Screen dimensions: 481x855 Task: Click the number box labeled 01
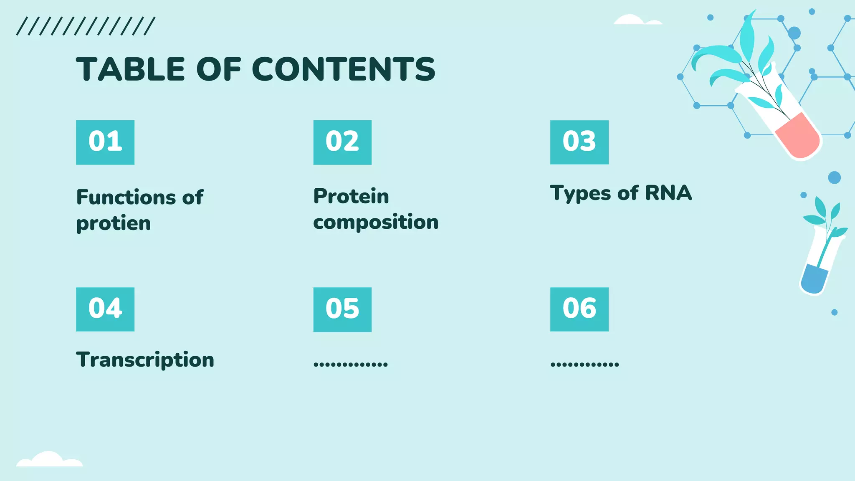105,142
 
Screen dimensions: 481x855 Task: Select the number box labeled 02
342,142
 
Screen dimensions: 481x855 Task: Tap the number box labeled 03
579,142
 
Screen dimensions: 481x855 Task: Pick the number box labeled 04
105,309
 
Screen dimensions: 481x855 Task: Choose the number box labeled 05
342,309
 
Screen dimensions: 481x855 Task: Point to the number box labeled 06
579,309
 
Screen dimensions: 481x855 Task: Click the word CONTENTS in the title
343,69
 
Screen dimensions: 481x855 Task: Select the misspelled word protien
113,224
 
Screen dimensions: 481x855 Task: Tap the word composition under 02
376,222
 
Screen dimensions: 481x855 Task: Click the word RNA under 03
668,193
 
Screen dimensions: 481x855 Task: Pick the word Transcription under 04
145,360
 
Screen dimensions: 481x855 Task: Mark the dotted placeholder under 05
351,364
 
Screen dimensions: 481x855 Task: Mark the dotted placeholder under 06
584,364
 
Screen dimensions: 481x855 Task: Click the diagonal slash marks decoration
86,26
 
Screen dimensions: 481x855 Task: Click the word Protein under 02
351,196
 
